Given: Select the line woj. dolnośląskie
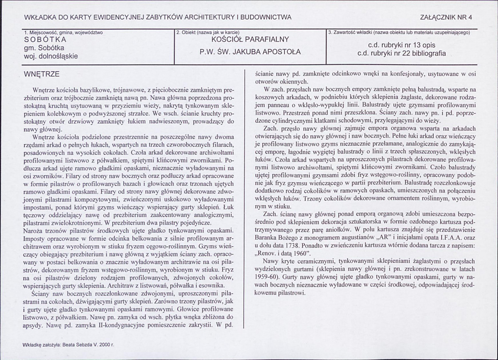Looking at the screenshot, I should coord(51,56).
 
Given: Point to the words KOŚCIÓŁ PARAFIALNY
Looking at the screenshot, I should coord(250,40).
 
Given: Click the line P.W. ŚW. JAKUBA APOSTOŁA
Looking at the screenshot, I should coord(250,52).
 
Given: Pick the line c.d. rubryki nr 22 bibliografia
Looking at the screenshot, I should coord(402,53).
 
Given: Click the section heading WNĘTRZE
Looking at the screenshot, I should coord(42,74).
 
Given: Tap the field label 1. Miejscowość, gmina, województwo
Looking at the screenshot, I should coord(63,32).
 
